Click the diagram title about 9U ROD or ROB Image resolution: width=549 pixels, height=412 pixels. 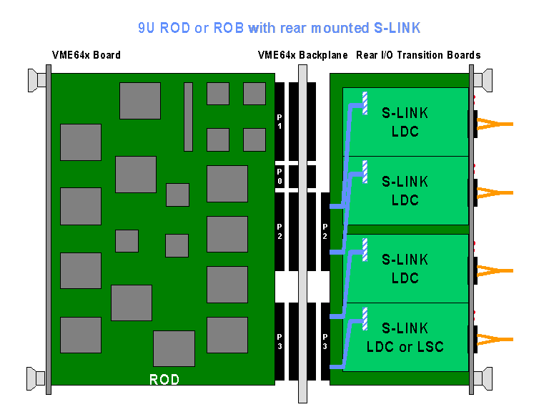(x=280, y=28)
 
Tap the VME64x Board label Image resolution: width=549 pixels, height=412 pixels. (x=86, y=55)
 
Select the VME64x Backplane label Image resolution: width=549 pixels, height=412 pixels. (x=302, y=55)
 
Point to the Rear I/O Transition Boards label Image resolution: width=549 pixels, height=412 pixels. (x=418, y=55)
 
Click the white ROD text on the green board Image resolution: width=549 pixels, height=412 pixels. (x=164, y=379)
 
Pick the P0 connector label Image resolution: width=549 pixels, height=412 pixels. (x=280, y=177)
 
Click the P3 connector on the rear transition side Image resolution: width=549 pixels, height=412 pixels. (x=325, y=341)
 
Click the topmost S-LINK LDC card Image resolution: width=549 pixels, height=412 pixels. (x=405, y=122)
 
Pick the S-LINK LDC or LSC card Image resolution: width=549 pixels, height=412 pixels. (x=405, y=337)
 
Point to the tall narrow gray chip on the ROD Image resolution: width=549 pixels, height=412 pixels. (x=188, y=117)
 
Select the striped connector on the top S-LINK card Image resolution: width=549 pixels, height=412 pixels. (x=365, y=102)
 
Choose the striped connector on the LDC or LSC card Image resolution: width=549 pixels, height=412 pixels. (x=365, y=318)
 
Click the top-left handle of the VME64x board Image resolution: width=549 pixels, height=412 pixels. (x=36, y=79)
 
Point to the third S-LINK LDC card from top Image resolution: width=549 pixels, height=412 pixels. (x=405, y=268)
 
